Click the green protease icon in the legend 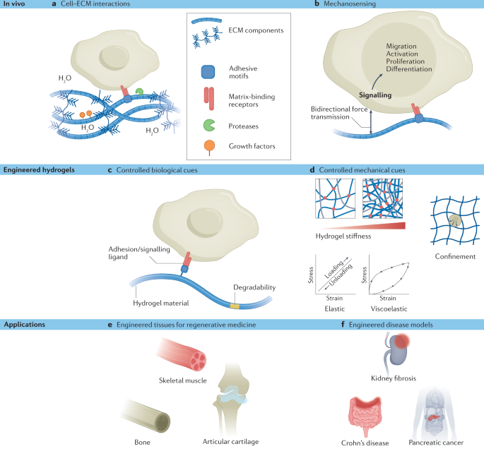click(x=206, y=126)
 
